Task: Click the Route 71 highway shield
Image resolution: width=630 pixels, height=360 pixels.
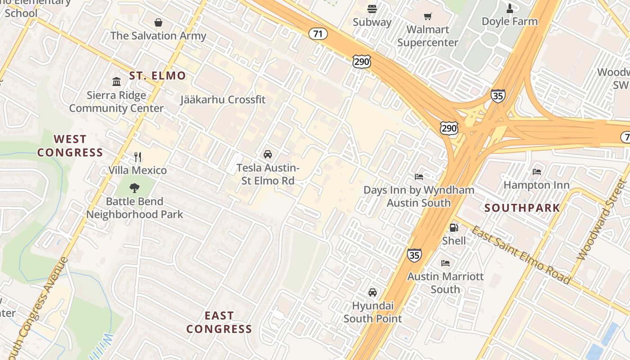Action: pyautogui.click(x=318, y=34)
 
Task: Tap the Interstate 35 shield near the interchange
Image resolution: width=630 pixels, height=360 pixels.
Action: pyautogui.click(x=498, y=96)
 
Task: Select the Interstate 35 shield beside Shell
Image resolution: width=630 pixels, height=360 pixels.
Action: pyautogui.click(x=414, y=255)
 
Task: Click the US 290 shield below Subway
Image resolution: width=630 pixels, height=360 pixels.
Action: pyautogui.click(x=362, y=62)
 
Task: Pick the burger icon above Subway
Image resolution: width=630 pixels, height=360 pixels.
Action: pyautogui.click(x=372, y=9)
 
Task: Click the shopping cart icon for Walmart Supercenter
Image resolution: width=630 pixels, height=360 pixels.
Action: pyautogui.click(x=428, y=17)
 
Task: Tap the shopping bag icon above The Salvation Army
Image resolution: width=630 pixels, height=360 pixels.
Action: pyautogui.click(x=158, y=22)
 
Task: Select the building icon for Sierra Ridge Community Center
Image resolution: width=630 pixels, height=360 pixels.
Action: pyautogui.click(x=117, y=81)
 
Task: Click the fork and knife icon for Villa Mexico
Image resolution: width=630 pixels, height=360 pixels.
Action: pyautogui.click(x=138, y=157)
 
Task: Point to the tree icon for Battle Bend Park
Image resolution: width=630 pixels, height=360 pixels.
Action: pyautogui.click(x=134, y=188)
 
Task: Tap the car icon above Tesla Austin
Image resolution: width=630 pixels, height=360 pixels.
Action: pyautogui.click(x=268, y=154)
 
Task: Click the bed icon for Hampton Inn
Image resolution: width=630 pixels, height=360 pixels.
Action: pyautogui.click(x=536, y=171)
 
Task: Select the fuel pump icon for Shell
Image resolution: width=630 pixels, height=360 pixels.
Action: pyautogui.click(x=454, y=228)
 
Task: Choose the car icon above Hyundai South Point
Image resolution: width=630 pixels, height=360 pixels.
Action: pyautogui.click(x=373, y=292)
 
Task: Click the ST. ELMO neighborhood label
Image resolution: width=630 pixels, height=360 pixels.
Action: pyautogui.click(x=157, y=76)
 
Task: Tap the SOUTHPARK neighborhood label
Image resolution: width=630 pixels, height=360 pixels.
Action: pyautogui.click(x=522, y=208)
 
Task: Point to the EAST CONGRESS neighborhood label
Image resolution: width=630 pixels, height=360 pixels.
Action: pyautogui.click(x=219, y=322)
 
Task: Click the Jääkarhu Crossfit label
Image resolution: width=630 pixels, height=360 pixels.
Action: pyautogui.click(x=223, y=100)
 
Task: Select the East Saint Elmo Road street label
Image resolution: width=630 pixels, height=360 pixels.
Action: pyautogui.click(x=521, y=255)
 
